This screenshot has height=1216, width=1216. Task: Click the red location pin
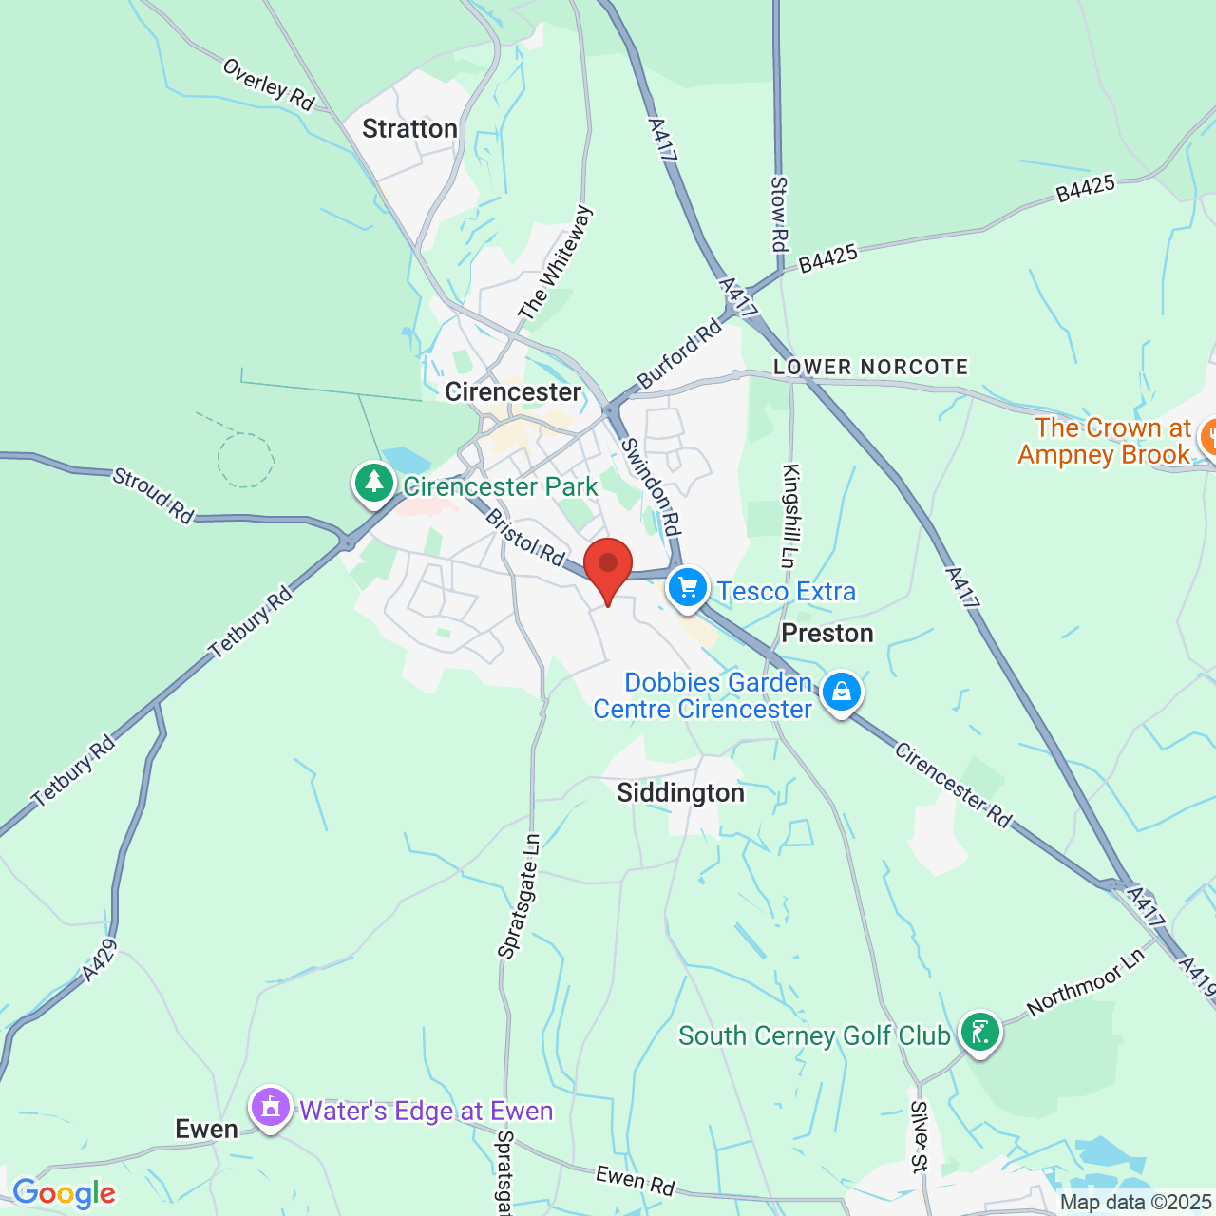tap(608, 566)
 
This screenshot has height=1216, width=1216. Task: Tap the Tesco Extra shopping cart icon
tap(688, 588)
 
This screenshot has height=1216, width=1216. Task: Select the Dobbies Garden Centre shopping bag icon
tap(841, 693)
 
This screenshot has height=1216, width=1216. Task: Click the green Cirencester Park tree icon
tap(374, 483)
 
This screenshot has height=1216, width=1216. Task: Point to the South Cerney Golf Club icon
tap(979, 1032)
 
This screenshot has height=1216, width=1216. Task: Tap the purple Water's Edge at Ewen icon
tap(271, 1108)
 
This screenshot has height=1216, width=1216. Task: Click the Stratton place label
tap(409, 129)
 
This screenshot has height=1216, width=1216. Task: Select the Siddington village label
tap(680, 793)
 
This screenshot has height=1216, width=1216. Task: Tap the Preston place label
tap(826, 634)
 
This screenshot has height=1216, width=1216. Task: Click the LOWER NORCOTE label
tap(870, 368)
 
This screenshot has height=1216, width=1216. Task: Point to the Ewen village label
tap(207, 1130)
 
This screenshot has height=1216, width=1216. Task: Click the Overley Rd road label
tap(269, 85)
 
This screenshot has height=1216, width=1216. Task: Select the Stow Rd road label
tap(779, 214)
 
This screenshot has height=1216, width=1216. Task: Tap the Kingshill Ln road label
tap(791, 514)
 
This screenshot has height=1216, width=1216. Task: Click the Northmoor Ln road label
tap(1086, 982)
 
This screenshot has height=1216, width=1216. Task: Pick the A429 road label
tap(100, 959)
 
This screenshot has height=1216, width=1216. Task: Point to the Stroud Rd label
tap(153, 495)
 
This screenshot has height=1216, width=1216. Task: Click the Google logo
tap(64, 1193)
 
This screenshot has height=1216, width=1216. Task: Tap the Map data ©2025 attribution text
tap(1136, 1203)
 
